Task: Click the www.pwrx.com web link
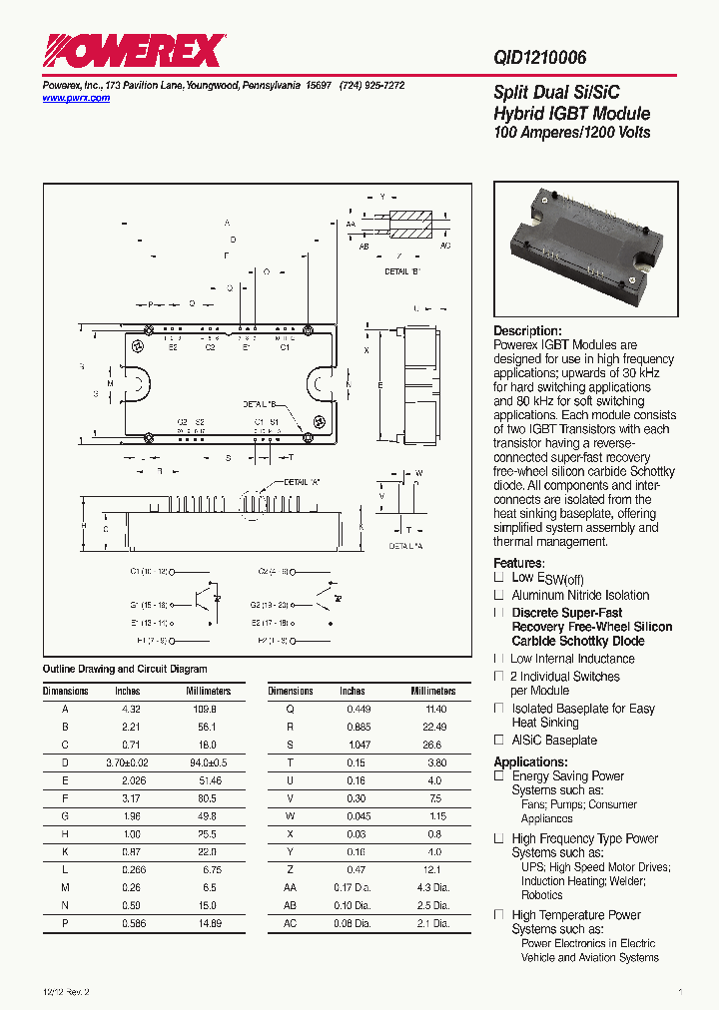[76, 99]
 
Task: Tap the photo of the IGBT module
[586, 249]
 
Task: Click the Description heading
[527, 331]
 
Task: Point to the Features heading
[518, 563]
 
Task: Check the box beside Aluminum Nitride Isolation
[499, 595]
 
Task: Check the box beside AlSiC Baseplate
[499, 741]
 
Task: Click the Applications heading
[530, 761]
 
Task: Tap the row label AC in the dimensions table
[291, 924]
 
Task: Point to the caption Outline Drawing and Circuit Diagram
[125, 669]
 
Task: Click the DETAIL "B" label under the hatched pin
[403, 271]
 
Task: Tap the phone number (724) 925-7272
[371, 86]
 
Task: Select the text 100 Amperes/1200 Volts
[572, 133]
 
